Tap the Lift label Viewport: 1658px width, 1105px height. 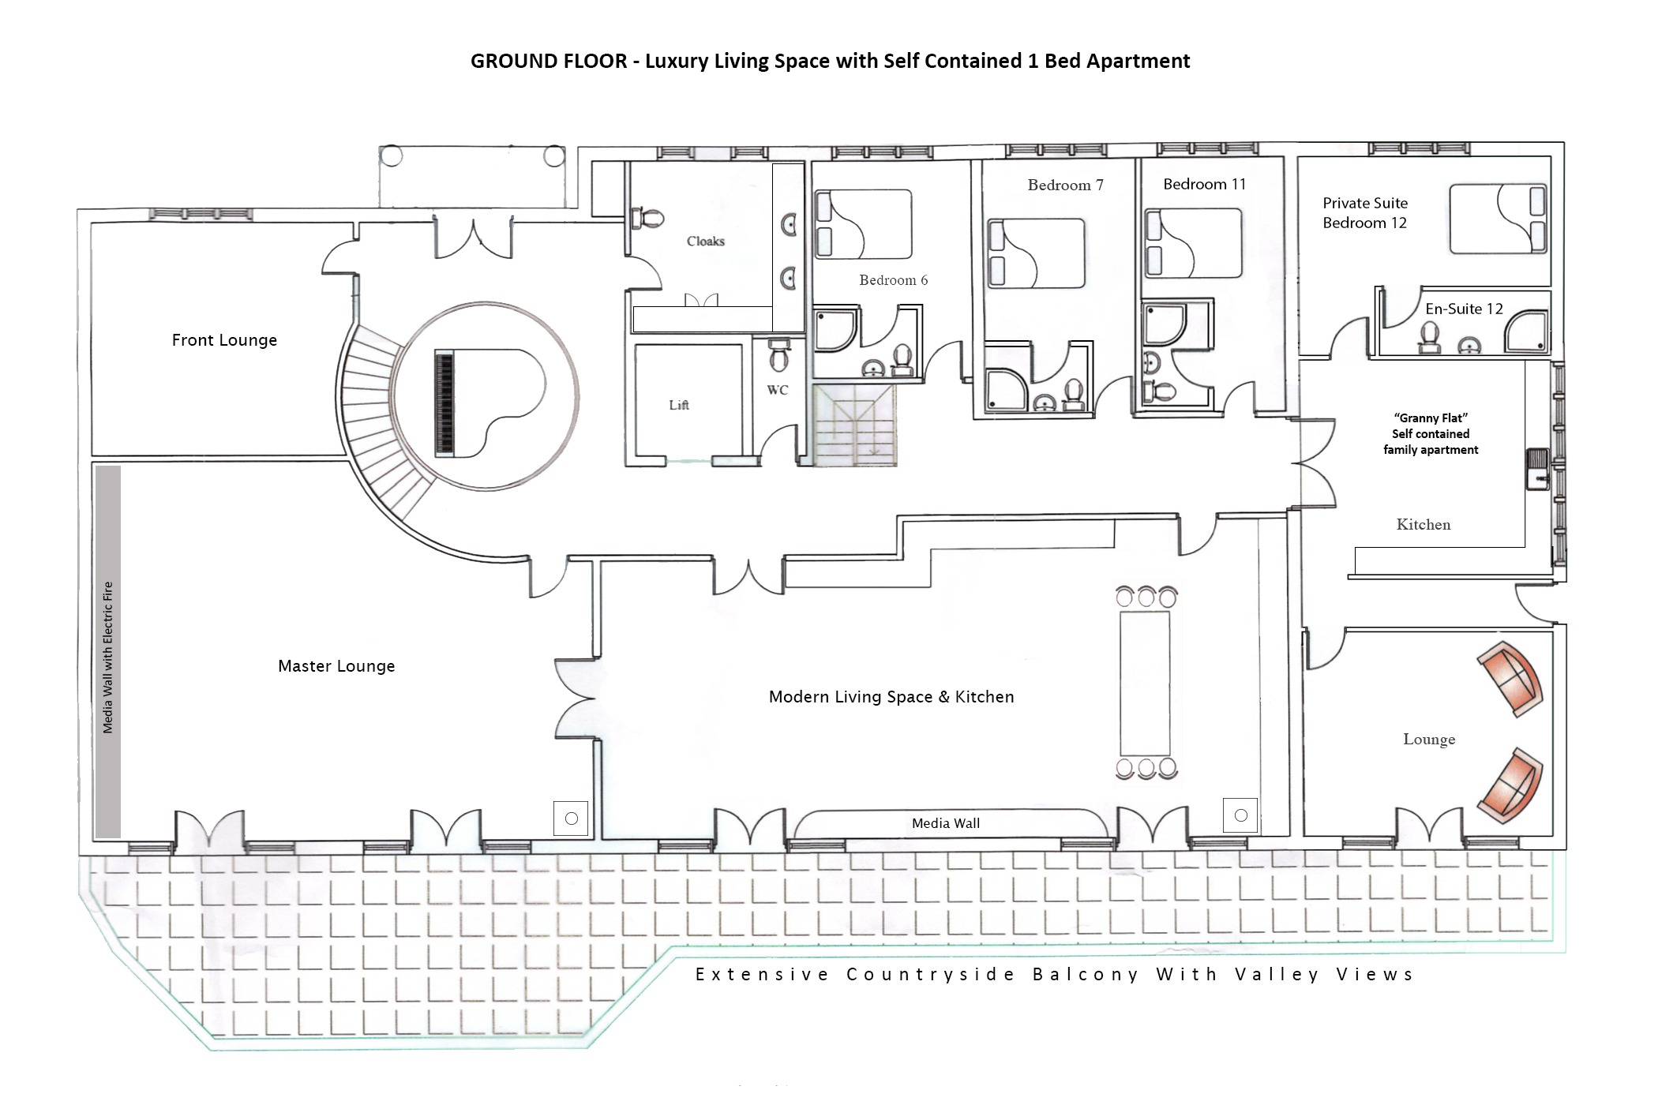[679, 405]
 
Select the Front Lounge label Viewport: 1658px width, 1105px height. [224, 340]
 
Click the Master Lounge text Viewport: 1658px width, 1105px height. [336, 666]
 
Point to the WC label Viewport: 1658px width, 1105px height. [778, 390]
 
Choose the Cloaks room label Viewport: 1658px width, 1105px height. [705, 242]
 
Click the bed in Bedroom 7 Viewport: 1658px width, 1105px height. [1036, 253]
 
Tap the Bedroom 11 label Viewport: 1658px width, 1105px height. [1204, 185]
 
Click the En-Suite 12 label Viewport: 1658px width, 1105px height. [1464, 309]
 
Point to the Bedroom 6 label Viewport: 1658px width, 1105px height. [893, 280]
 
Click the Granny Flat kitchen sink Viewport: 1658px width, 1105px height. [1538, 469]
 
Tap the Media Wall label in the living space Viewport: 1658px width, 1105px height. [945, 823]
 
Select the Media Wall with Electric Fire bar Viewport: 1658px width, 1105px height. [107, 652]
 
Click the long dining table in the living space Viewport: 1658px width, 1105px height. [1145, 683]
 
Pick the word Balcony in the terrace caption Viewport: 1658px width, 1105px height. [1086, 975]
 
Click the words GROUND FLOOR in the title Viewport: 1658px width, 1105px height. [549, 61]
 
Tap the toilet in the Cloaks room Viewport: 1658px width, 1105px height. [650, 218]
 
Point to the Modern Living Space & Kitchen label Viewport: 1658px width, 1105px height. [891, 697]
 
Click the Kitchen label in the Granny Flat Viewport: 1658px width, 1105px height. [1423, 525]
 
